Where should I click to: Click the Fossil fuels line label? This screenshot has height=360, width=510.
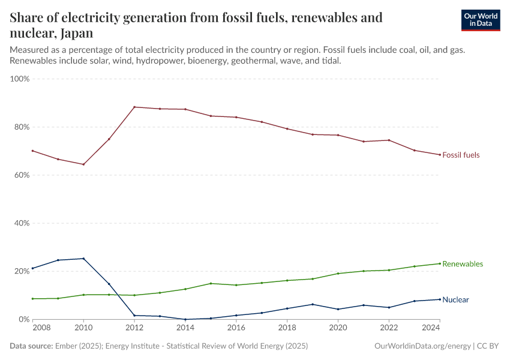coord(461,155)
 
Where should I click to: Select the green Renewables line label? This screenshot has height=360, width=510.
coord(462,264)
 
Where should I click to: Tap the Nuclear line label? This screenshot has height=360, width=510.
coord(455,299)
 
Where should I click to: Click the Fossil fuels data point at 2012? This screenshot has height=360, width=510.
coord(134,107)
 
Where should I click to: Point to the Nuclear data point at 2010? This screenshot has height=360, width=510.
coord(83,259)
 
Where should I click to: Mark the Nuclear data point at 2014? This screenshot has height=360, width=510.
coord(185,319)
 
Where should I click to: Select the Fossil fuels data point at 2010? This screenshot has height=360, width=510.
coord(83,164)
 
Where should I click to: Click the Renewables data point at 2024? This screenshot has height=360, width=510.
coord(440,263)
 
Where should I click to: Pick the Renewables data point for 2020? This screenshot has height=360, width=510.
coord(338,274)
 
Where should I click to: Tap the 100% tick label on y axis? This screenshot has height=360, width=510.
coord(20,79)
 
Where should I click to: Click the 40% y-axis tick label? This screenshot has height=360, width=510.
coord(20,223)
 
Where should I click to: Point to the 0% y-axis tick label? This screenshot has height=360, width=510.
coord(23,319)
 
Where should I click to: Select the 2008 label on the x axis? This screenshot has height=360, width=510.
coord(40,328)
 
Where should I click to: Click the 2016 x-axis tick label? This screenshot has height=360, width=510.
coord(236,328)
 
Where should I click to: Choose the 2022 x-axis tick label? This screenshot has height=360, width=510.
coord(389,328)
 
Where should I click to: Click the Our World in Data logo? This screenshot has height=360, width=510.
coord(480,20)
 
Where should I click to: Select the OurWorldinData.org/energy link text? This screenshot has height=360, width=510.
coord(422,346)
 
